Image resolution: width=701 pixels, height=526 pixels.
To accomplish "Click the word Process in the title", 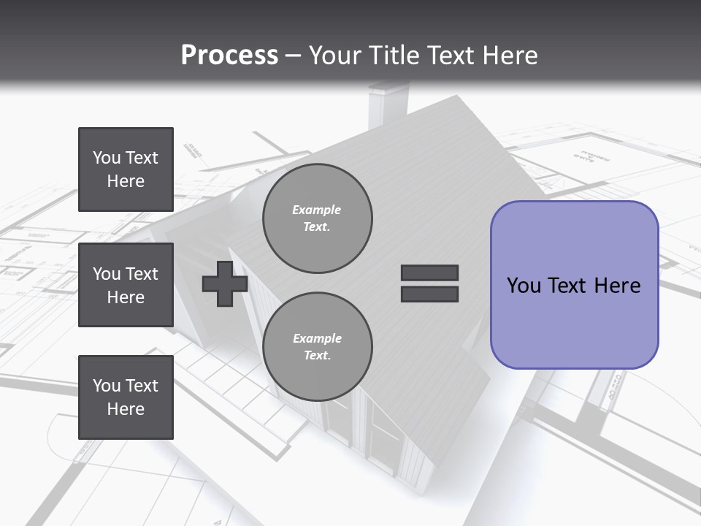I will (x=229, y=56).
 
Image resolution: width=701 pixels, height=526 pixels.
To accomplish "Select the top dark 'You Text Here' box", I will (x=126, y=169).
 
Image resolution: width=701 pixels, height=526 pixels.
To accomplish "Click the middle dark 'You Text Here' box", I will (x=126, y=285).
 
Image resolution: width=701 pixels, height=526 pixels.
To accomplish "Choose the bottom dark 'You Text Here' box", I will (x=126, y=397).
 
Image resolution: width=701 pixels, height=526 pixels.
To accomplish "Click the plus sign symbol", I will (x=225, y=284).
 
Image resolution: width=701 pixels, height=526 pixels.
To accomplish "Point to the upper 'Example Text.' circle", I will (x=317, y=218).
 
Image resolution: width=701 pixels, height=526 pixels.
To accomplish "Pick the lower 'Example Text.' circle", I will (x=317, y=347).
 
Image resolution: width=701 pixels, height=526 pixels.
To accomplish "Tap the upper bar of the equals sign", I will (x=429, y=273).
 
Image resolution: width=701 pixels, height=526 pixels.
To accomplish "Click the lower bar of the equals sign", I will (x=429, y=294).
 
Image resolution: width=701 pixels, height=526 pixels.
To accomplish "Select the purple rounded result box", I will (x=574, y=285).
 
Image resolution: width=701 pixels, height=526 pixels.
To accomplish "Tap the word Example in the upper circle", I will (x=317, y=210).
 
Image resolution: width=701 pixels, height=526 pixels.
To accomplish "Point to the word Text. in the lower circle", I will (x=317, y=356).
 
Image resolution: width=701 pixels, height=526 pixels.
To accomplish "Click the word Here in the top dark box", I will (x=126, y=181).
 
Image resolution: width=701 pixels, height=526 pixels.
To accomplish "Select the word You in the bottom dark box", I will (x=107, y=386).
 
